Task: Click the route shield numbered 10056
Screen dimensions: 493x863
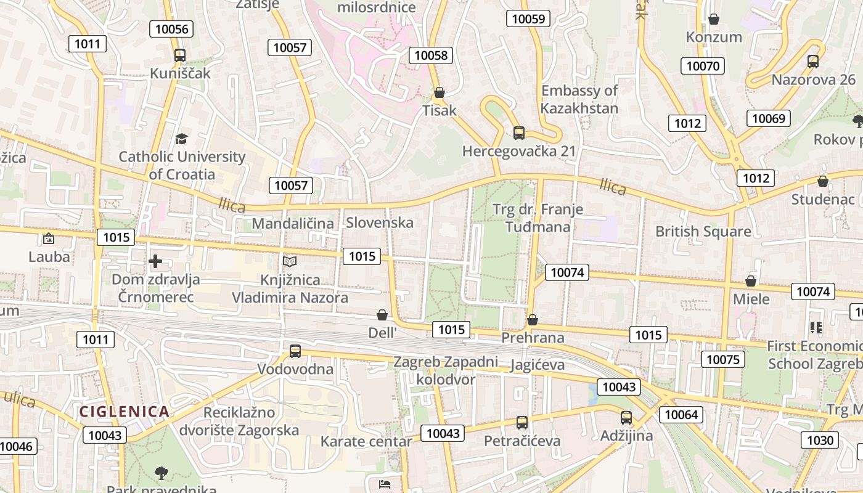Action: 172,29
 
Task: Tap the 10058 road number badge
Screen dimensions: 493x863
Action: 431,55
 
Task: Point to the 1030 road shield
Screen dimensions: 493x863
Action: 820,440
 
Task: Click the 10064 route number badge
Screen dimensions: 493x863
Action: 681,415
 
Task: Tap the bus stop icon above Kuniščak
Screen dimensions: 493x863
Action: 179,55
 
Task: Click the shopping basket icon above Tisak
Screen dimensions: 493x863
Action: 440,93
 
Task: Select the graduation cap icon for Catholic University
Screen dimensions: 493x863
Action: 181,139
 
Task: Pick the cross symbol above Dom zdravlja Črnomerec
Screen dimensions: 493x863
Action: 155,262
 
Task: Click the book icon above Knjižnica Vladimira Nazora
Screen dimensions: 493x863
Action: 289,262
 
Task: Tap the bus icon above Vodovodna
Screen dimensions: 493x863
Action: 295,351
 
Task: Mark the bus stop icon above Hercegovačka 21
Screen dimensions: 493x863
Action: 519,133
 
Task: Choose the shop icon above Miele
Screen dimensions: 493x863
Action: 751,282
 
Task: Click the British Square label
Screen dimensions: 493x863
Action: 703,232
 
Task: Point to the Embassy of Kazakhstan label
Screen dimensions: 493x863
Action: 579,100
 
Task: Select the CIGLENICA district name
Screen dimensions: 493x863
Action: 124,412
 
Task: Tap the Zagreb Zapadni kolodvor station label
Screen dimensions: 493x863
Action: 446,370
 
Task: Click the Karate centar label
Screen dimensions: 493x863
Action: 366,441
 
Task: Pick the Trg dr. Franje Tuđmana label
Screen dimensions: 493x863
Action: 538,218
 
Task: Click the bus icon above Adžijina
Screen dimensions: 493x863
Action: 626,418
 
